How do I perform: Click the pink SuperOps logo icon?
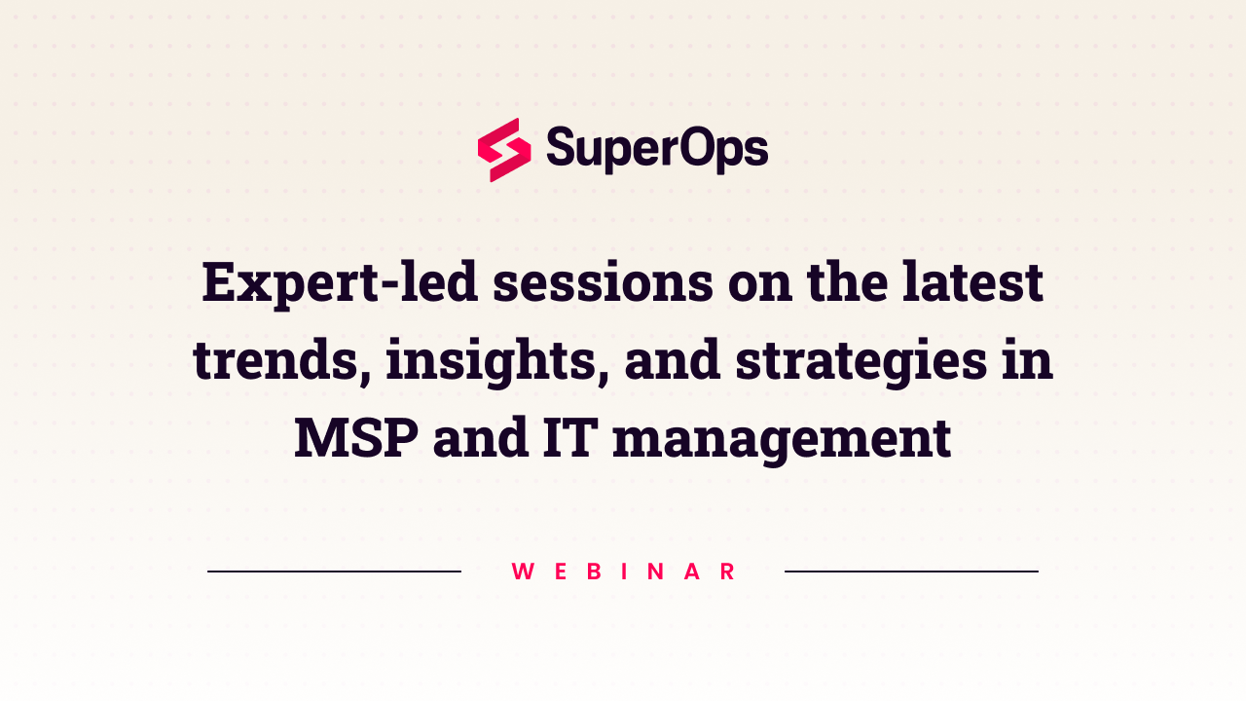[504, 150]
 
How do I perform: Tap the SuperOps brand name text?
[657, 150]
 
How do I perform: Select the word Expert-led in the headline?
[339, 283]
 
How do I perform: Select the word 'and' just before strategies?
[671, 360]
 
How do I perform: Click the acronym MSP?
[356, 438]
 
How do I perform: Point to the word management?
[782, 438]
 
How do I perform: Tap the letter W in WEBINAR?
[523, 572]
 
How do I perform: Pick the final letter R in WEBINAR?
[727, 572]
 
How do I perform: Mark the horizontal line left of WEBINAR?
[334, 572]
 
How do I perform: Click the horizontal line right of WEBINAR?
[911, 572]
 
